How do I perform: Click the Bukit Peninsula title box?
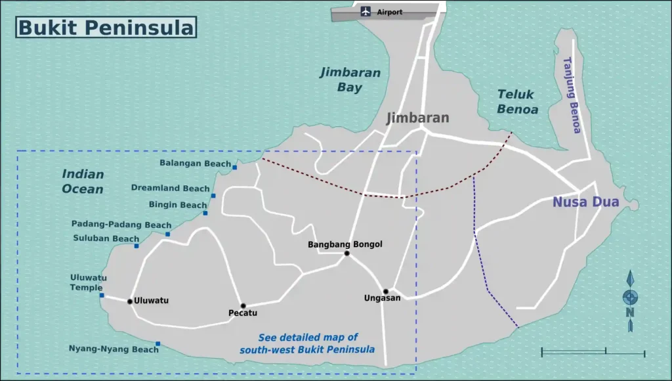pos(106,28)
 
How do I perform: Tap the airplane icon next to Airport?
pos(366,11)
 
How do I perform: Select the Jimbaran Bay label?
pos(350,79)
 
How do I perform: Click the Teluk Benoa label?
pos(517,102)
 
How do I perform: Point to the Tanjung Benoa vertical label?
pos(572,95)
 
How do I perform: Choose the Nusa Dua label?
pos(585,202)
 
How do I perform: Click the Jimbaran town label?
pos(417,118)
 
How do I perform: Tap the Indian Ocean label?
pos(83,182)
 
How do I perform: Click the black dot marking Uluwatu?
pos(130,302)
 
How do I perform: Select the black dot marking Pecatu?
pos(243,306)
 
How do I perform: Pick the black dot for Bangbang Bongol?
pos(346,254)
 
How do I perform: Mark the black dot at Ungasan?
pos(386,292)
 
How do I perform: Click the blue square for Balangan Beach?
pos(235,168)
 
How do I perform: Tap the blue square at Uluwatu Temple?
pos(102,296)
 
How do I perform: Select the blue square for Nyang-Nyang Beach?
pos(157,344)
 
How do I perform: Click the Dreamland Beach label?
pos(170,189)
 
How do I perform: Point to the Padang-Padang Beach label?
pos(121,225)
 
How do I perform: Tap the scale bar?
pos(593,353)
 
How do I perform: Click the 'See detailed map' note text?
pos(307,343)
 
